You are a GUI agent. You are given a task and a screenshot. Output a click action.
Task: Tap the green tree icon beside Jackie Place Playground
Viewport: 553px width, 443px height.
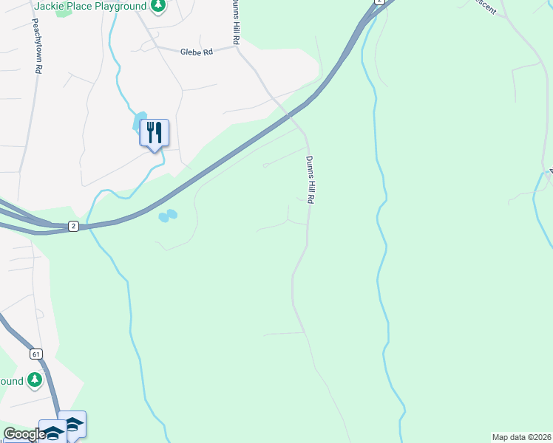pyautogui.click(x=157, y=6)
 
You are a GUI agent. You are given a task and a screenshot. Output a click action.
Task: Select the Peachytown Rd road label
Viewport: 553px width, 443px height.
pyautogui.click(x=35, y=46)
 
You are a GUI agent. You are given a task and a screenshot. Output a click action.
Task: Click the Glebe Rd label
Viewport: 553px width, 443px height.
pyautogui.click(x=196, y=52)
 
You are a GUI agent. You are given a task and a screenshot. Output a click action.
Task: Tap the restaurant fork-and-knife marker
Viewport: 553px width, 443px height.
pyautogui.click(x=155, y=133)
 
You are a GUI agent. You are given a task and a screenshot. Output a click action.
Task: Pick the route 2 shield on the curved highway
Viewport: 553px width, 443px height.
pyautogui.click(x=73, y=226)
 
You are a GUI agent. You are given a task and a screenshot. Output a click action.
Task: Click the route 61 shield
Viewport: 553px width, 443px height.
pyautogui.click(x=35, y=354)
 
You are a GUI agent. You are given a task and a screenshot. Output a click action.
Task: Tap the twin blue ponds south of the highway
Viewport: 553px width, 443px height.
pyautogui.click(x=168, y=216)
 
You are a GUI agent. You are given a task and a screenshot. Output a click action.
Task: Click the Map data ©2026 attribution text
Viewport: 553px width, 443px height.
pyautogui.click(x=521, y=437)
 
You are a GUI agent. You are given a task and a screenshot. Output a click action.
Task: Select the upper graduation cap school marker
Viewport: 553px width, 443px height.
pyautogui.click(x=72, y=424)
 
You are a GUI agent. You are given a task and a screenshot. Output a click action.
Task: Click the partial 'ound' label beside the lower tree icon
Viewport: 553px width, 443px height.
pyautogui.click(x=11, y=381)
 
